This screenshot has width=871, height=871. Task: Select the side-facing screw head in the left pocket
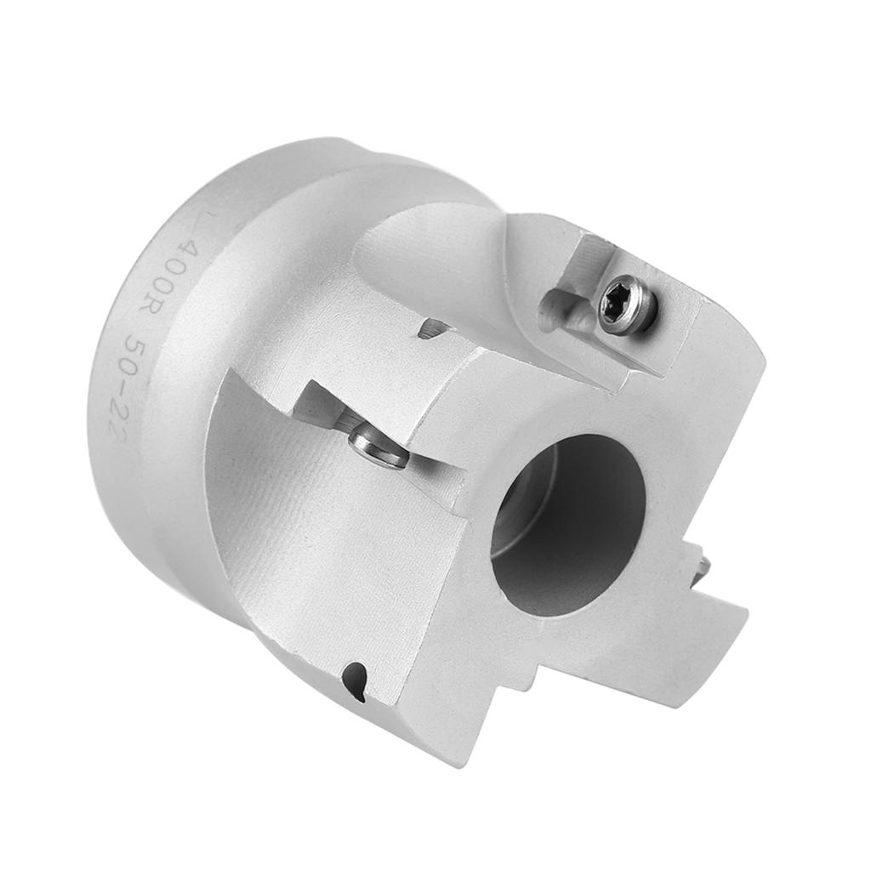tap(378, 447)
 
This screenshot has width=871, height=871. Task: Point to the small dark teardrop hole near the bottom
tap(356, 681)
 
